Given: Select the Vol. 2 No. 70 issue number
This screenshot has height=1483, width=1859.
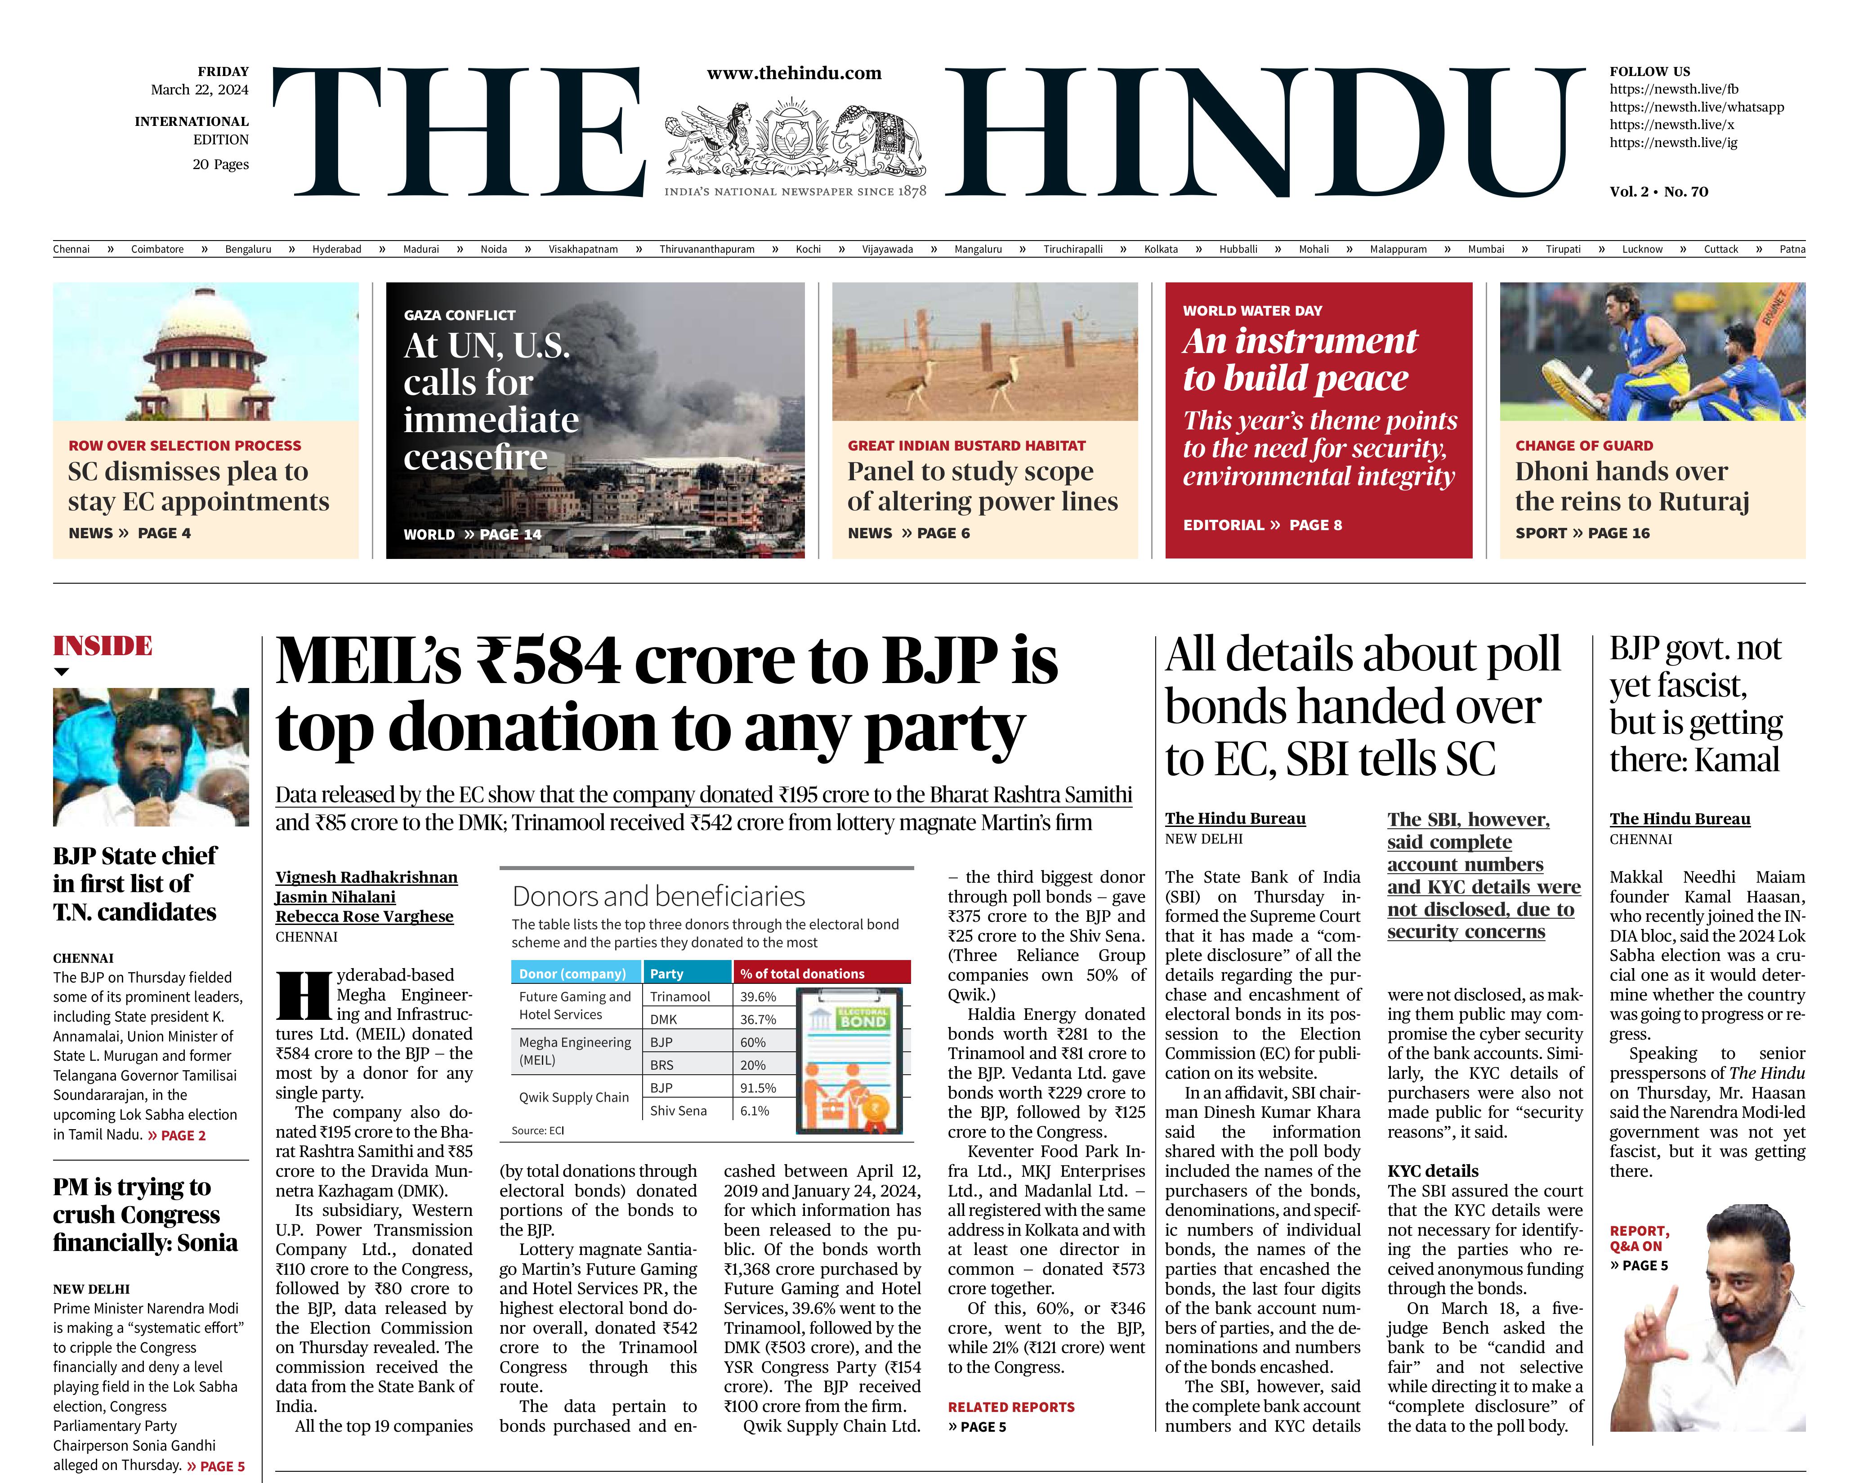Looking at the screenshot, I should [x=1658, y=192].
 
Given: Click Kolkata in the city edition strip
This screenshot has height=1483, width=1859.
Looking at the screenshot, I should [x=1161, y=249].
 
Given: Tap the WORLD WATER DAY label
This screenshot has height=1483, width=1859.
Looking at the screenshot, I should [x=1252, y=310].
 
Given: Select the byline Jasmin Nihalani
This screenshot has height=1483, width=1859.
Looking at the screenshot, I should [x=335, y=897].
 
